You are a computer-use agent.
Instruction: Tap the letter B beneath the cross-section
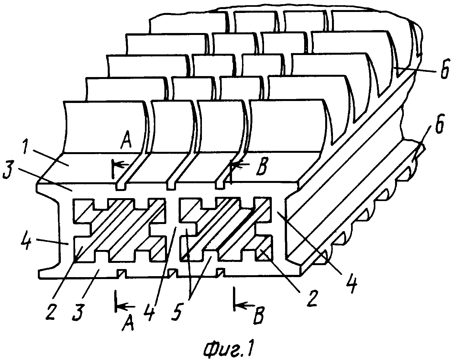click(x=258, y=315)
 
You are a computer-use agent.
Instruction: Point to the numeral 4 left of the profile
click(x=26, y=240)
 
